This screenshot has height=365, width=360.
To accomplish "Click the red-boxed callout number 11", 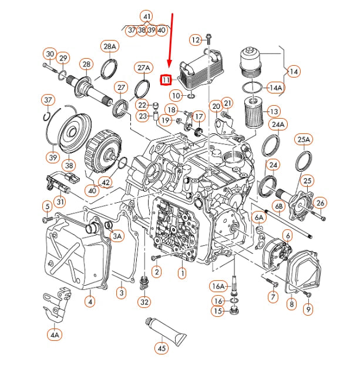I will click(166, 79).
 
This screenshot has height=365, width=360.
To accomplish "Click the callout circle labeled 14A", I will click(275, 88).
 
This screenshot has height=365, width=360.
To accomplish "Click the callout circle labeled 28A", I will click(110, 46).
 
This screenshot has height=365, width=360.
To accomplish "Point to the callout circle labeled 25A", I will click(304, 140).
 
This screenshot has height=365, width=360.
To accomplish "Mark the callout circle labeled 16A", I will click(218, 286).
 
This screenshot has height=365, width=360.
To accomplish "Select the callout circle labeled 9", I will click(308, 307).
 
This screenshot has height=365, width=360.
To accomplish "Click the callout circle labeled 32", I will click(144, 302).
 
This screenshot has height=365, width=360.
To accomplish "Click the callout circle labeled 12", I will click(195, 40).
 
